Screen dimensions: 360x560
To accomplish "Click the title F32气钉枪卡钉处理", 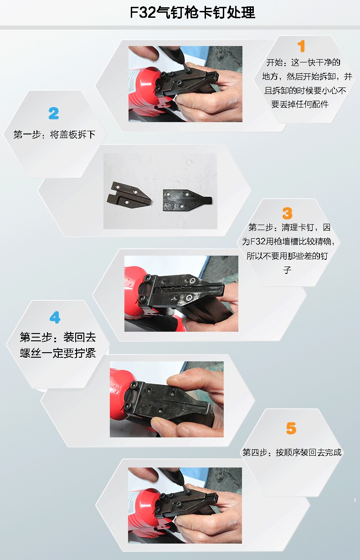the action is [x=192, y=12].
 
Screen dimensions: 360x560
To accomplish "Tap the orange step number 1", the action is [x=301, y=46].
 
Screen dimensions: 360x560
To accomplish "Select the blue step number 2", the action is [x=54, y=113].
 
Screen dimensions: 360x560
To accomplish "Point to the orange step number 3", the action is [x=287, y=213].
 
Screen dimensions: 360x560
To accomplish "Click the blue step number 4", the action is [x=55, y=317].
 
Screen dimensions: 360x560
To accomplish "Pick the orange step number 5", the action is [x=291, y=428].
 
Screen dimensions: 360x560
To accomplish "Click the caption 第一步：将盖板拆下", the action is [x=54, y=134].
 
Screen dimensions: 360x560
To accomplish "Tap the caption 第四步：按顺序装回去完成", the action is [x=292, y=452].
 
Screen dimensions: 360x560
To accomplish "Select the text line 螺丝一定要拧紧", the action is [x=58, y=353].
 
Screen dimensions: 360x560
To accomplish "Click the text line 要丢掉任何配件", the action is [x=300, y=104].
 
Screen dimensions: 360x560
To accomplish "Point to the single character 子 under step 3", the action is [x=287, y=270].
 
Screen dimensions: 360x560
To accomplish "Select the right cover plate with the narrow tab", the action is [x=187, y=200].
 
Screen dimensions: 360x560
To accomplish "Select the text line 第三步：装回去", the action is [x=58, y=337].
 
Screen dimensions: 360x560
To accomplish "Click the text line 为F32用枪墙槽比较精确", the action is [x=288, y=241].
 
